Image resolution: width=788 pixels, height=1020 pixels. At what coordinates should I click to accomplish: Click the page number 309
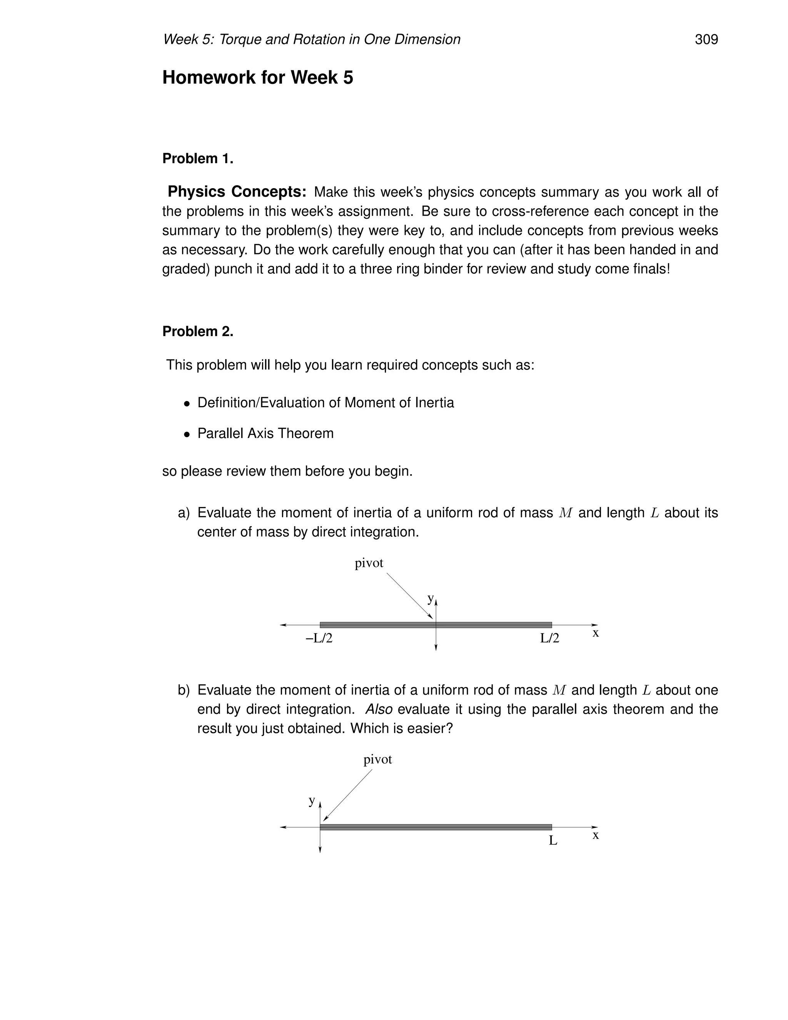click(x=706, y=39)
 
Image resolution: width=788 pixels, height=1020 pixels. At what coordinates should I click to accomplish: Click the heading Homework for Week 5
click(x=257, y=77)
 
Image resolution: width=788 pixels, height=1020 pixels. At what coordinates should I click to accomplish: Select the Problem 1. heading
click(x=197, y=159)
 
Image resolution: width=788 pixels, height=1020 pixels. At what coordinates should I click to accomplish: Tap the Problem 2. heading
click(x=197, y=331)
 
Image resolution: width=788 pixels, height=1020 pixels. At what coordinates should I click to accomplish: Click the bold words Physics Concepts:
click(x=237, y=192)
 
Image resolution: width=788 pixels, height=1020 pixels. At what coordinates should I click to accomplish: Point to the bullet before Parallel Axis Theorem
click(x=187, y=434)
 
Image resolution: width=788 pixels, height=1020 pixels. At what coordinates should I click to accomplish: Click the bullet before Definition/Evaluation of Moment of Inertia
click(x=187, y=403)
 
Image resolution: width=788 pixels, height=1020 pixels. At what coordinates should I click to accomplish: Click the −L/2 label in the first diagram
click(x=319, y=639)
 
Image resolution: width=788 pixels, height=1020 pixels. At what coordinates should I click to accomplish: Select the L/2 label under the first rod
click(x=549, y=639)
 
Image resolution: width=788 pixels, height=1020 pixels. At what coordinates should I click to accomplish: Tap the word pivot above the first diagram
click(x=369, y=563)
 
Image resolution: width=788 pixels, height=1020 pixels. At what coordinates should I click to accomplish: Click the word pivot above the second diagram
click(x=378, y=759)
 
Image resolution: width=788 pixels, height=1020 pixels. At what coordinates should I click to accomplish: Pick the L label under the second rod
click(x=553, y=841)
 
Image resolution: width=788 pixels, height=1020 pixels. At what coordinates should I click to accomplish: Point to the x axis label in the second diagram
click(x=595, y=835)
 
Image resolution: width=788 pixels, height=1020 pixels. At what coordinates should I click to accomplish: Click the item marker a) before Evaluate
click(x=184, y=513)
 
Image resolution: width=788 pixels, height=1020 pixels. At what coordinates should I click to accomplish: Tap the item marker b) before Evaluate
click(x=184, y=690)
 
